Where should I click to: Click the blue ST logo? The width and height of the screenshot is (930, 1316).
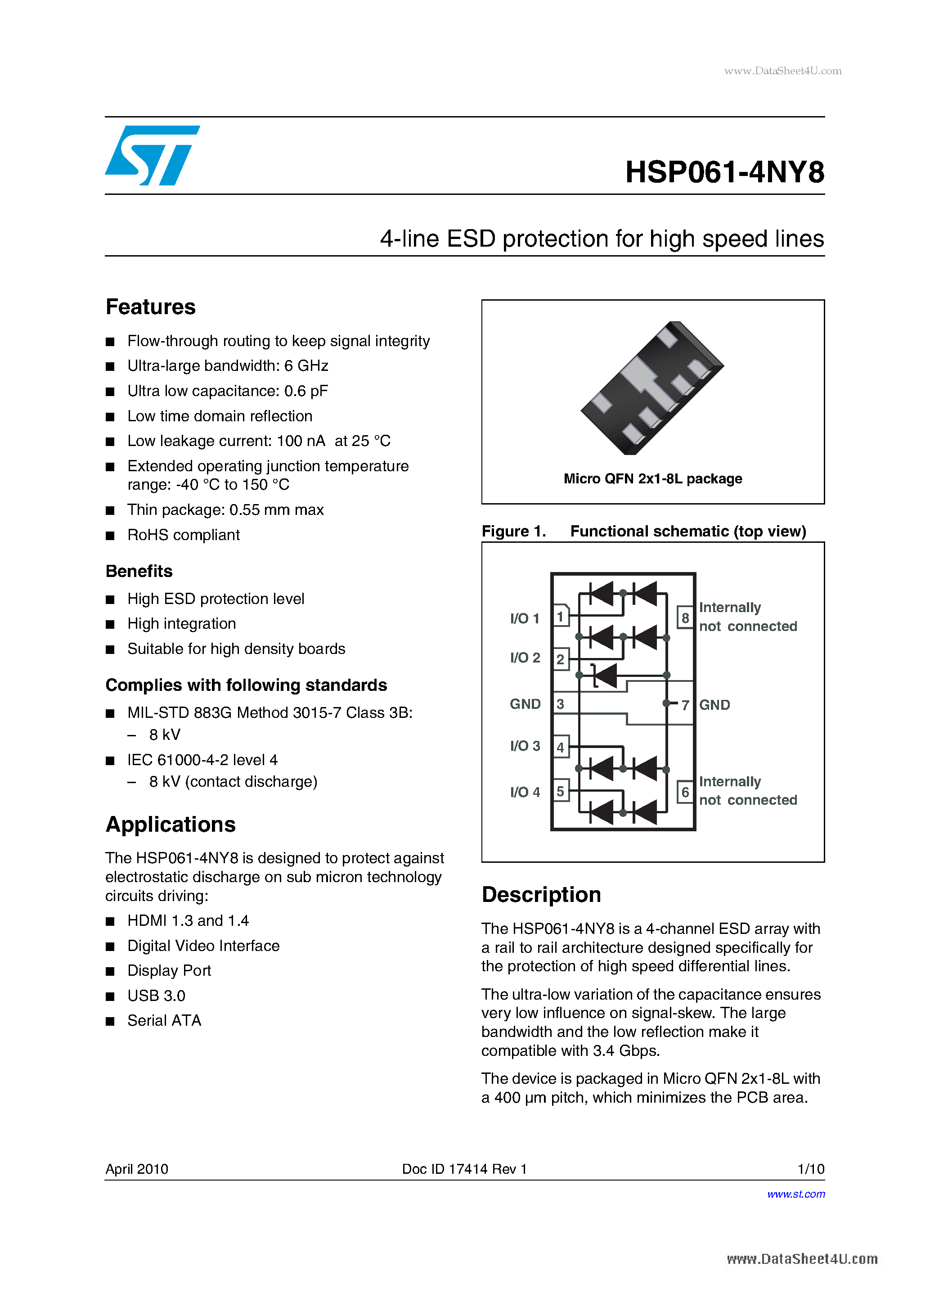tap(152, 155)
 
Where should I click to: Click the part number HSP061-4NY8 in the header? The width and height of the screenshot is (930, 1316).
tap(724, 172)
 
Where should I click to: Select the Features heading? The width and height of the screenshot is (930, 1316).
tap(151, 307)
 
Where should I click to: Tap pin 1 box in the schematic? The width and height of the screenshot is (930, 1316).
tap(561, 617)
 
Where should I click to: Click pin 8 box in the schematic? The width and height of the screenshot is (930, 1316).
tap(685, 618)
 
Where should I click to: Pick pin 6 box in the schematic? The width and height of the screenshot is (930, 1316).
tap(685, 792)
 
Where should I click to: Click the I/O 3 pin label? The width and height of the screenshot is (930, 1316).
tap(525, 746)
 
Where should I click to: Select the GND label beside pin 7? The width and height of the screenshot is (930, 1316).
tap(714, 705)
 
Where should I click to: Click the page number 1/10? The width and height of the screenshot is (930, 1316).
tap(810, 1169)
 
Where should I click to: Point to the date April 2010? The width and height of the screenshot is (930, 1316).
tap(137, 1169)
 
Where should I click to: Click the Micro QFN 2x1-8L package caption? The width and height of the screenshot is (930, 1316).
tap(653, 478)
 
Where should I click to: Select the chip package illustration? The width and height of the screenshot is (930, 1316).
tap(652, 388)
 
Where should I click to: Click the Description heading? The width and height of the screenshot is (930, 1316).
tap(541, 895)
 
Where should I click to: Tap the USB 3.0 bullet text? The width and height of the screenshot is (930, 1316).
tap(157, 996)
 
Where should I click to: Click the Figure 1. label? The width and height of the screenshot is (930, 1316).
tap(513, 532)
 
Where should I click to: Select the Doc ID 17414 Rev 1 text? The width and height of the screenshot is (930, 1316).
tap(464, 1169)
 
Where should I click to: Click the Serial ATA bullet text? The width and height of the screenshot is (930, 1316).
tap(165, 1021)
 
